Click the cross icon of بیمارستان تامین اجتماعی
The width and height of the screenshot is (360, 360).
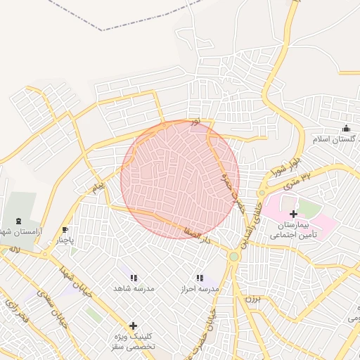[294, 213]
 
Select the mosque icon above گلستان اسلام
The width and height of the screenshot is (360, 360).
[346, 128]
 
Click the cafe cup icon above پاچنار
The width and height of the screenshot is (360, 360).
[65, 229]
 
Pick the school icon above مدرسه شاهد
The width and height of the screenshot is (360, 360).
[134, 278]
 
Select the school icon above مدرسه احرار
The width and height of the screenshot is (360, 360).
[200, 278]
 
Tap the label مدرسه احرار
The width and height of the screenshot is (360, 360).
[200, 289]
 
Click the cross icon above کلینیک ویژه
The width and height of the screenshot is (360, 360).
[133, 326]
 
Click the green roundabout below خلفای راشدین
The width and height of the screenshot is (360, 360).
[234, 257]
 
